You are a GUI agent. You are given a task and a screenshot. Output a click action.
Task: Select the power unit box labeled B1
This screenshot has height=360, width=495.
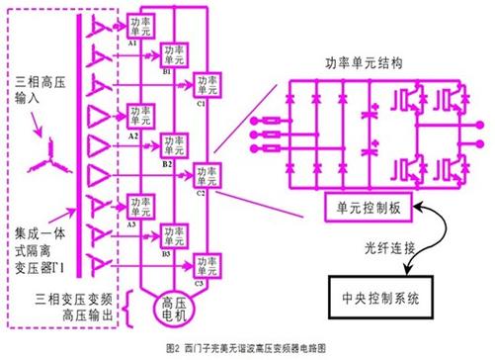[174, 53]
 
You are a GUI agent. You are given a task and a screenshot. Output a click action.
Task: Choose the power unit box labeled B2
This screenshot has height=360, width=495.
[174, 144]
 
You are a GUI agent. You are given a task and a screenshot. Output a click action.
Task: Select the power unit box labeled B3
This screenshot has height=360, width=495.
[174, 234]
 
